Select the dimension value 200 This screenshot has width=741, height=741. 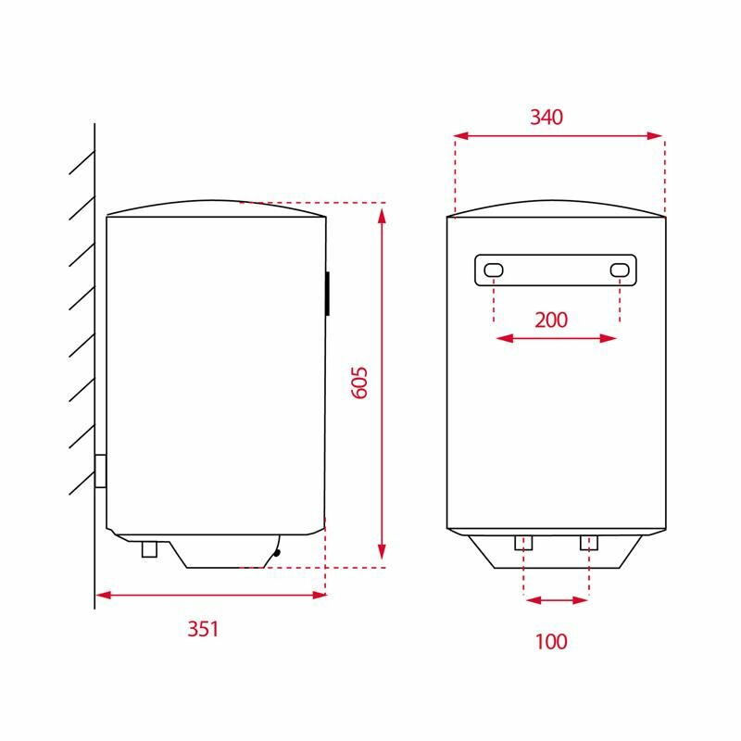tap(551, 320)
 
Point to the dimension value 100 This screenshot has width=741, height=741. tap(550, 641)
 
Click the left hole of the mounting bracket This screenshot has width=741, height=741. tap(495, 270)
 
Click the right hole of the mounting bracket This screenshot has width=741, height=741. tap(620, 270)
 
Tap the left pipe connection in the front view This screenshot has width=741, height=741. tap(523, 543)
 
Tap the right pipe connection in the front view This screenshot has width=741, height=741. tap(589, 543)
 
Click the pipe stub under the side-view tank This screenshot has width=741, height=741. tap(150, 549)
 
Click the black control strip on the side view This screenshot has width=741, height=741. tap(329, 295)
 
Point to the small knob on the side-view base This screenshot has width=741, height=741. tap(276, 553)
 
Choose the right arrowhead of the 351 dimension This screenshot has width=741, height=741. tap(320, 595)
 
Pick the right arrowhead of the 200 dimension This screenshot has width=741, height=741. tap(611, 339)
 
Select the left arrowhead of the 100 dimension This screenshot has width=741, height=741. tap(530, 600)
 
